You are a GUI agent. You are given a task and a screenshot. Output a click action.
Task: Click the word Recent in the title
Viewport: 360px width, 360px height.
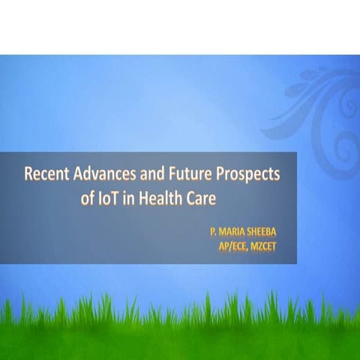coord(45,175)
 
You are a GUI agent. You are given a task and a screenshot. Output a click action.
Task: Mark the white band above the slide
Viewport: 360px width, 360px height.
coord(180,27)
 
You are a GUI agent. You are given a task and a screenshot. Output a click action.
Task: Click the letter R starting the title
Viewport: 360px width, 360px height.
coord(28,175)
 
